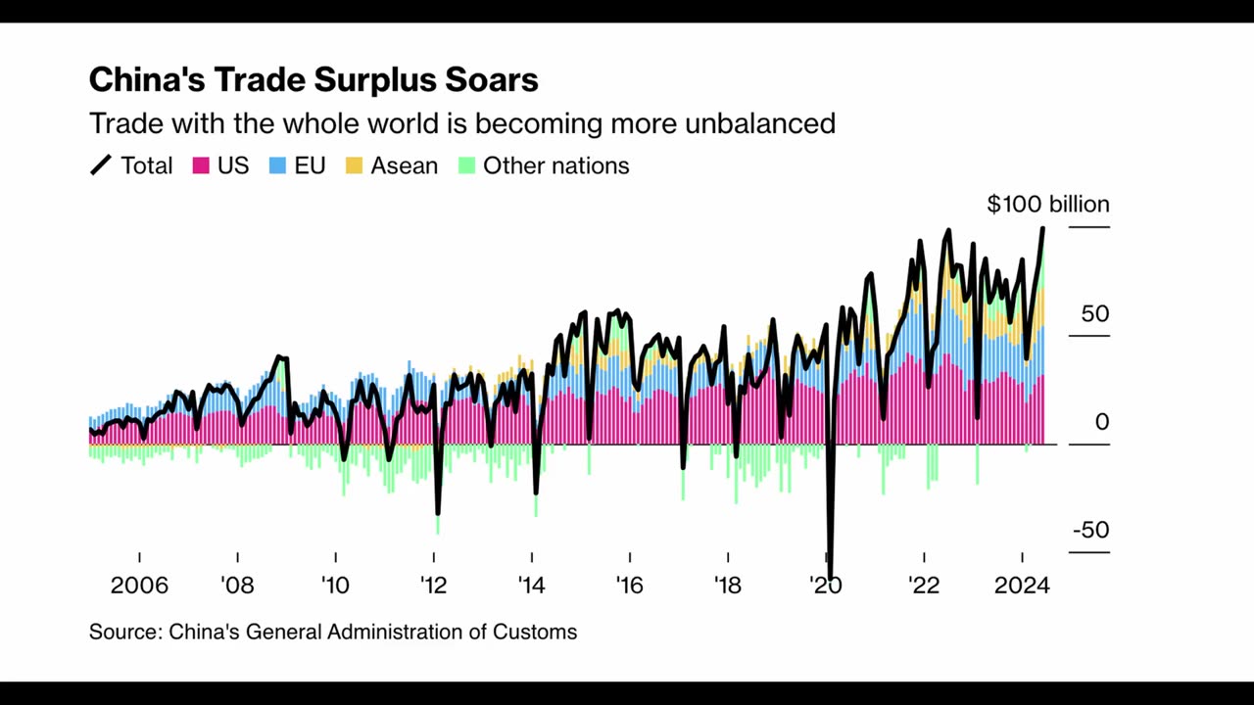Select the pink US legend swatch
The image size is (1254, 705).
201,165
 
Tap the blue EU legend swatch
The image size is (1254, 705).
278,165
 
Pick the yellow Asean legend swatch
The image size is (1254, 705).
354,165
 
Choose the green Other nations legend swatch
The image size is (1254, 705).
466,165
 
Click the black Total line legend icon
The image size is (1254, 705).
101,165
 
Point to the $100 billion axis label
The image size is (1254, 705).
1047,204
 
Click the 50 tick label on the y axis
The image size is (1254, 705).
1094,313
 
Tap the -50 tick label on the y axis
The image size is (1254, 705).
1090,530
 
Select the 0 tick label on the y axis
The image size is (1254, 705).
1102,422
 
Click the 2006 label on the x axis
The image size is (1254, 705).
139,586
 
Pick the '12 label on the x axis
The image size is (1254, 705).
433,586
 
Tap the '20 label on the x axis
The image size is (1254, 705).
825,586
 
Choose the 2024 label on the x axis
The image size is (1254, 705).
1022,586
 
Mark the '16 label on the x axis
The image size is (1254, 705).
629,586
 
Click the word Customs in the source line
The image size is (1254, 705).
538,632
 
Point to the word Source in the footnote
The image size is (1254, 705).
123,632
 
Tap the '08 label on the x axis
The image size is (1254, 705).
237,586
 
